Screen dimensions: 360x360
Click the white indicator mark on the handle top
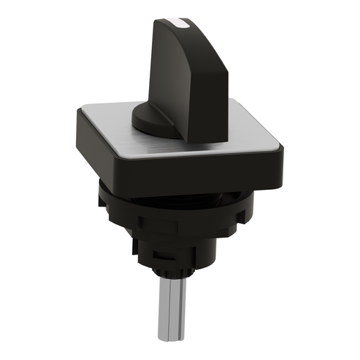tap(184, 25)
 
